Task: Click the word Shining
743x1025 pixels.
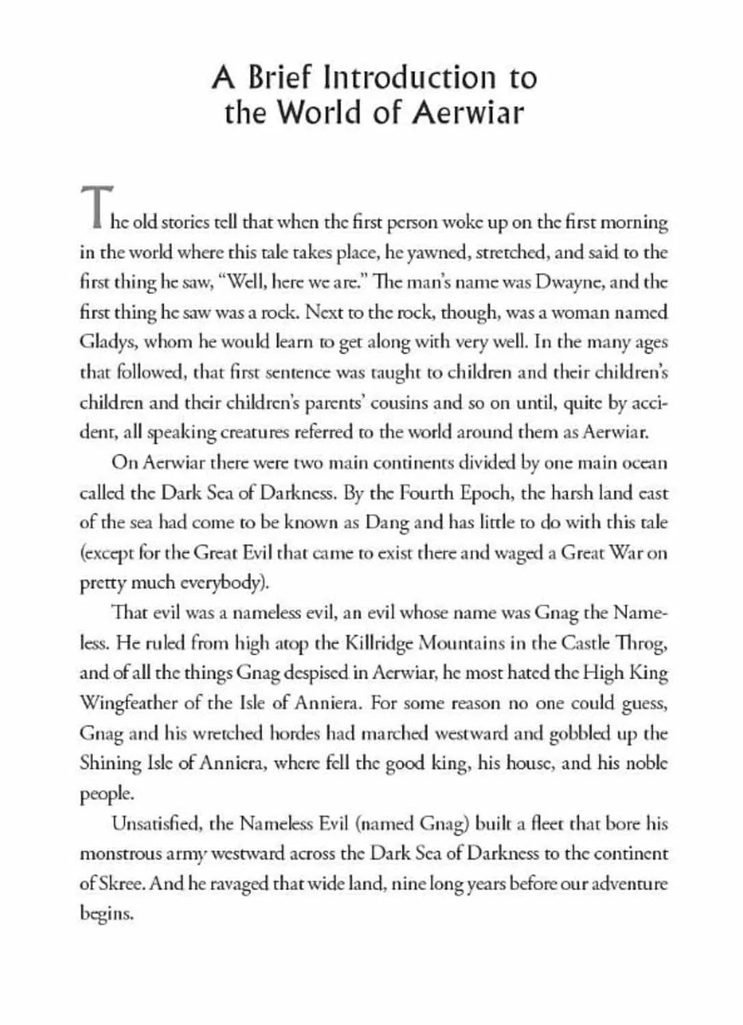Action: (106, 764)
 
